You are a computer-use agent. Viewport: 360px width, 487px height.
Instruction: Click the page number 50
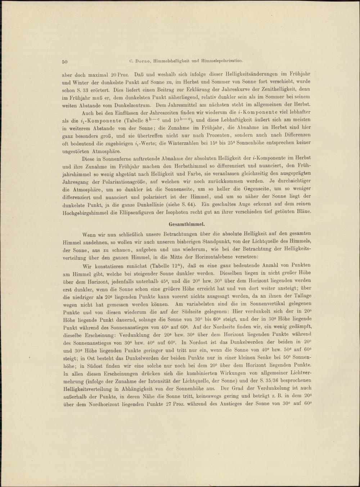click(65, 62)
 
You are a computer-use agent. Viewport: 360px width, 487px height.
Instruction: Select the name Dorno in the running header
click(144, 61)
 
